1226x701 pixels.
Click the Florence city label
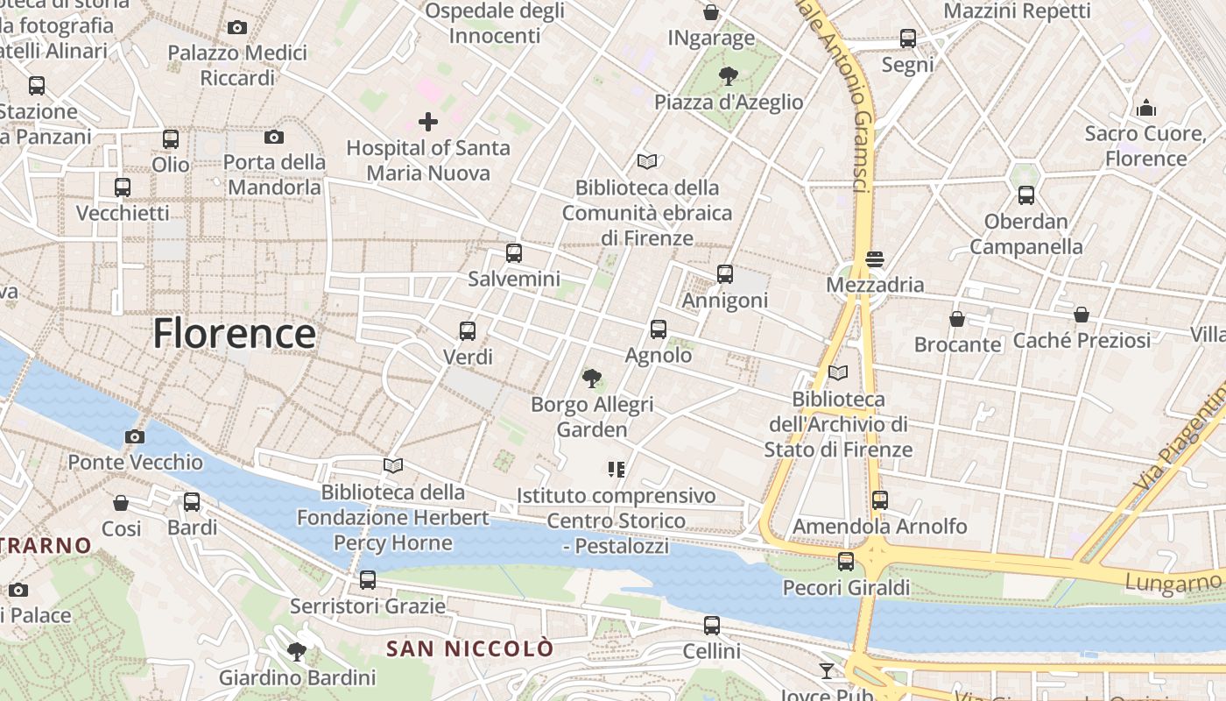(235, 334)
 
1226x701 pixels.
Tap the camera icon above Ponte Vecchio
(134, 436)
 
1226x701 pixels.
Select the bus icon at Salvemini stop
(514, 253)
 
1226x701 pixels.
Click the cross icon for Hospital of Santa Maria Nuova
(428, 121)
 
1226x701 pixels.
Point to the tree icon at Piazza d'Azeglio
(728, 76)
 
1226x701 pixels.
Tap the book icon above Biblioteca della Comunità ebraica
(647, 161)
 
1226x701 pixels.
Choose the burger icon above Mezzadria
(874, 259)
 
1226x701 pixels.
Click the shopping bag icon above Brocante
(957, 319)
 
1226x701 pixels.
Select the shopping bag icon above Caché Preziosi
(1082, 315)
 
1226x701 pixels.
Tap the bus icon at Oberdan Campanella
(1025, 195)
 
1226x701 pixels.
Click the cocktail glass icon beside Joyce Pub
(827, 671)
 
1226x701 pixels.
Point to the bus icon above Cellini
(712, 626)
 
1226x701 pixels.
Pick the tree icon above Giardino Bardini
(297, 652)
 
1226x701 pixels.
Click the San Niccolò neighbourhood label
(470, 649)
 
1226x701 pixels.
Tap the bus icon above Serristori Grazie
(368, 580)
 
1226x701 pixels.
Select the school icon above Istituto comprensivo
(617, 470)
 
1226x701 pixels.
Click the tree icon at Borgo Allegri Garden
(592, 379)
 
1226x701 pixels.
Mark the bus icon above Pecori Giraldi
(846, 562)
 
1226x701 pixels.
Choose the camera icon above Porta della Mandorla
(274, 137)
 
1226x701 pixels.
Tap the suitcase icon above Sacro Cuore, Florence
(1146, 109)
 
